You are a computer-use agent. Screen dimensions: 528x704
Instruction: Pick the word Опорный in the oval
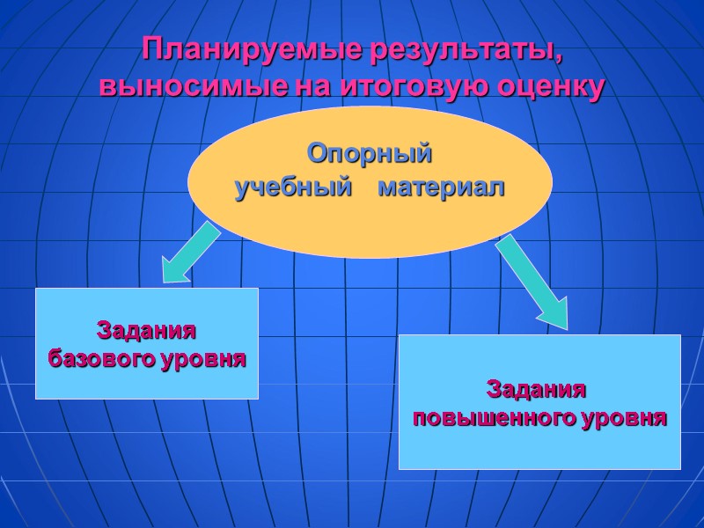pyautogui.click(x=370, y=154)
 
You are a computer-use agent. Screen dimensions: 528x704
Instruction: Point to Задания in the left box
pyautogui.click(x=145, y=332)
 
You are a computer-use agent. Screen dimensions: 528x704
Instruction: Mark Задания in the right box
pyautogui.click(x=537, y=389)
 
